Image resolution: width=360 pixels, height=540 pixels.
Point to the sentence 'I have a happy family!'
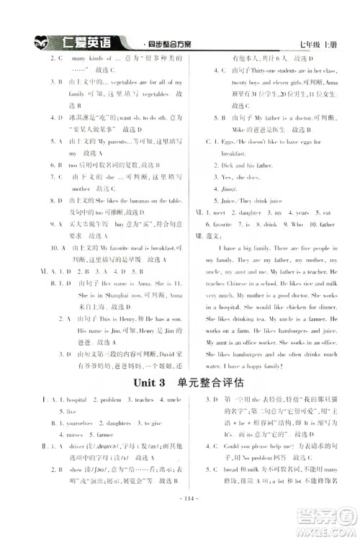point(251,365)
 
